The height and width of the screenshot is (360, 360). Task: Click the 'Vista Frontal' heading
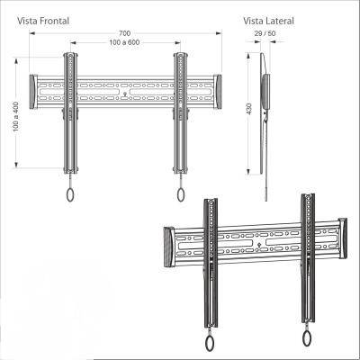[43, 21]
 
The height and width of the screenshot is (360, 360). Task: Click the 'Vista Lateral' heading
[268, 21]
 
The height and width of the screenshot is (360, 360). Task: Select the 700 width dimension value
[124, 33]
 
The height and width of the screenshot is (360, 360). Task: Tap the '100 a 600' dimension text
[124, 42]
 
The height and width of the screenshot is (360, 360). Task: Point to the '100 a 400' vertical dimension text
[16, 117]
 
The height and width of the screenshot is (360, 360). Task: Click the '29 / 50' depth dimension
[265, 33]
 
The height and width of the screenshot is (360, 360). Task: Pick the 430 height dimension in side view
[248, 109]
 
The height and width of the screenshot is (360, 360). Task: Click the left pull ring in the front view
[70, 194]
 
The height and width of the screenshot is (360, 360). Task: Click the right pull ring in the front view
[181, 194]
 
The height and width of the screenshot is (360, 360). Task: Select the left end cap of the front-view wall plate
[33, 92]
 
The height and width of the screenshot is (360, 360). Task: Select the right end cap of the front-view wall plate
[218, 92]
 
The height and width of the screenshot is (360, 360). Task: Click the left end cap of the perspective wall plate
[168, 247]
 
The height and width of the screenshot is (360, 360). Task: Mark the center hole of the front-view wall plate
[125, 93]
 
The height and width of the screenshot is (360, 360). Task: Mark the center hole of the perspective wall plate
[259, 243]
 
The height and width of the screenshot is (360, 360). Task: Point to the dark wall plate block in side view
[265, 92]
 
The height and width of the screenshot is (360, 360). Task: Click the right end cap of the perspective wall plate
[343, 238]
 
